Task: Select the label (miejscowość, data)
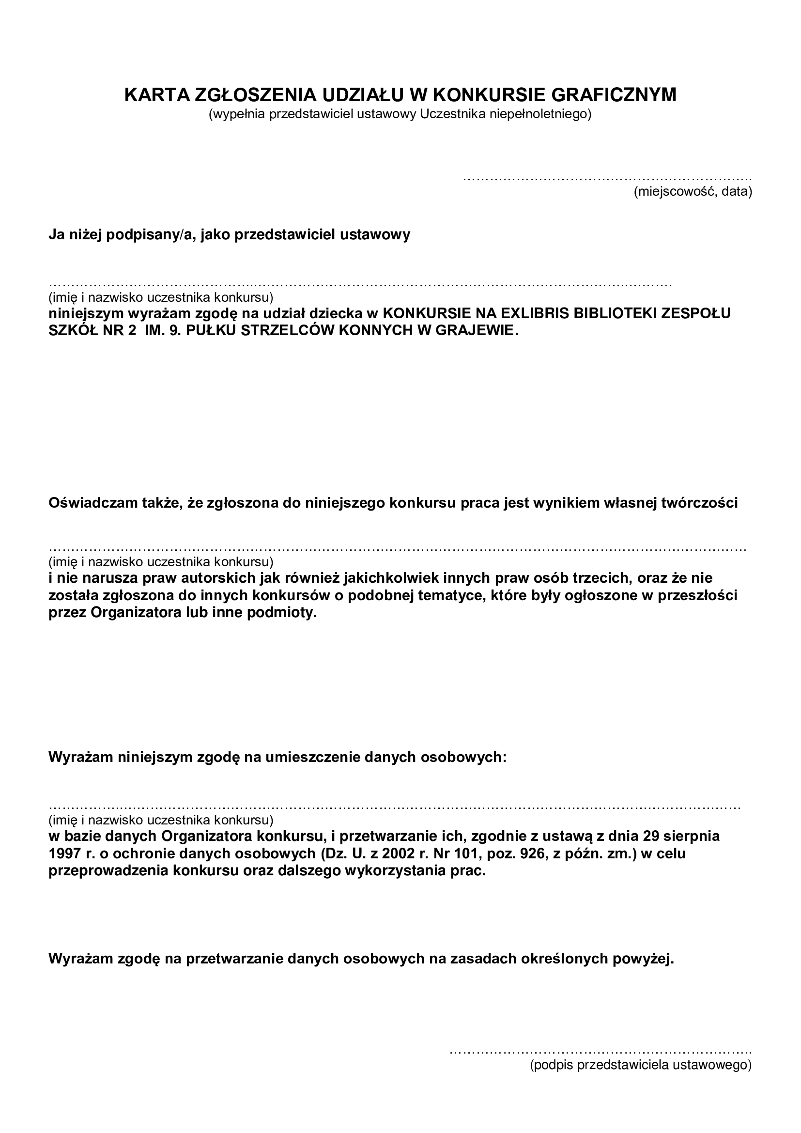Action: pos(693,192)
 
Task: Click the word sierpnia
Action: pos(690,836)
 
